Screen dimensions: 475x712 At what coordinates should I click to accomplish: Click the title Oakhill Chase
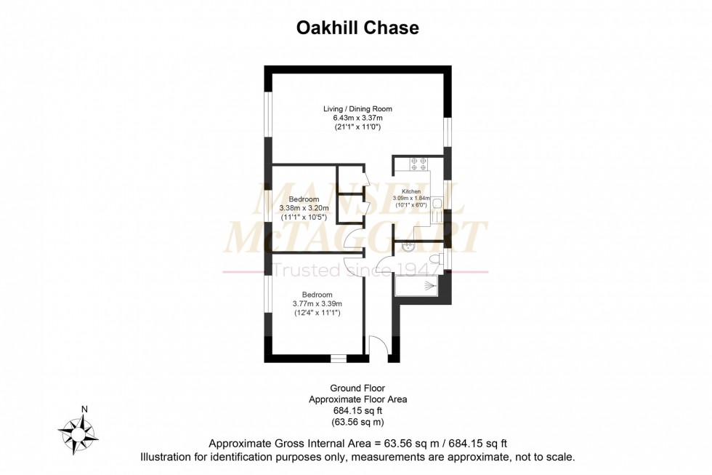[357, 28]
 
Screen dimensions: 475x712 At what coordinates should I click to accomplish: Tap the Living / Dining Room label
[357, 109]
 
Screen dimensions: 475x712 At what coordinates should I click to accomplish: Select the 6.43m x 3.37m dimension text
[357, 118]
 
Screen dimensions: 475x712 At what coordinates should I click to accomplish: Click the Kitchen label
[411, 191]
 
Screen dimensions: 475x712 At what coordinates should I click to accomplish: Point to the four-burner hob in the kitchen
[420, 164]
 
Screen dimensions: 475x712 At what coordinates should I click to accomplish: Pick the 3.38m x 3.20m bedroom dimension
[304, 208]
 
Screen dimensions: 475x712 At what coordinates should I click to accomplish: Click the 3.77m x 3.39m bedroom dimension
[317, 303]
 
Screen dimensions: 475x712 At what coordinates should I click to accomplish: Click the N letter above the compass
[84, 409]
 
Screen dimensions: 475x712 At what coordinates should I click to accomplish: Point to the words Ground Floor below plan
[357, 389]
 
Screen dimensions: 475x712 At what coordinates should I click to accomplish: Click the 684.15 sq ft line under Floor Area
[357, 411]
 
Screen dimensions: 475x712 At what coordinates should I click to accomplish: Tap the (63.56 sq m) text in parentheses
[357, 422]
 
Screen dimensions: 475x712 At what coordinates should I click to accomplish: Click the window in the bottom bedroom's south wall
[338, 358]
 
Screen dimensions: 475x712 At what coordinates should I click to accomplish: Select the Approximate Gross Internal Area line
[357, 444]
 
